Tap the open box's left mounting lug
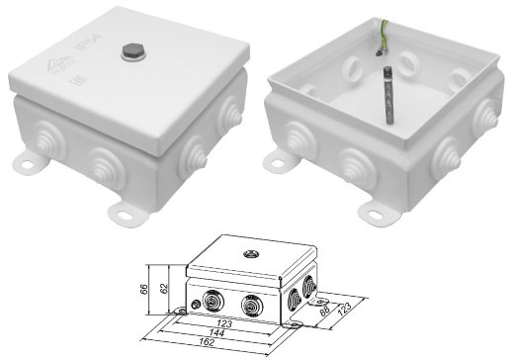point(280,158)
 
